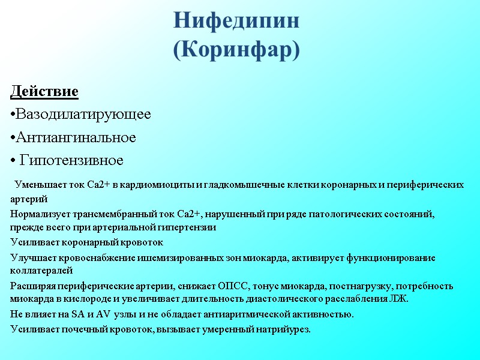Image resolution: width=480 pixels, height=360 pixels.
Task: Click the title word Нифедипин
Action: tap(236, 21)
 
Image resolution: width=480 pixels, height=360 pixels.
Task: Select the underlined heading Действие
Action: tap(44, 92)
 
